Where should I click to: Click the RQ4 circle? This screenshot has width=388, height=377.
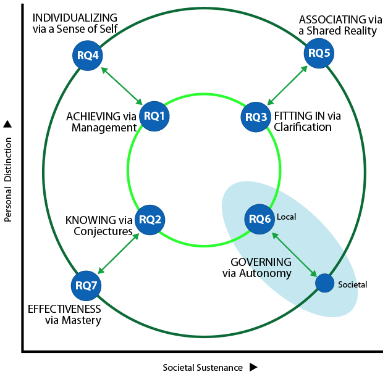pos(87,56)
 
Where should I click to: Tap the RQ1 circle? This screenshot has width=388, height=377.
pos(154,115)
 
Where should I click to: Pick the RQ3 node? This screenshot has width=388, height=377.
pos(256,116)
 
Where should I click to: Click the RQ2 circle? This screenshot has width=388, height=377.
pos(150,219)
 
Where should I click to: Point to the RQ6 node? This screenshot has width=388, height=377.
pos(259,218)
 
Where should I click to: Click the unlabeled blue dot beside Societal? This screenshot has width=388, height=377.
pos(325,283)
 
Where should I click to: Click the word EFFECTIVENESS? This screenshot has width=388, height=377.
pos(65,310)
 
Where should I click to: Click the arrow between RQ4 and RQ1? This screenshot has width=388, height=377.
pos(120,86)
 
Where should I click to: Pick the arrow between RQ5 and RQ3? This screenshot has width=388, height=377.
pos(288,85)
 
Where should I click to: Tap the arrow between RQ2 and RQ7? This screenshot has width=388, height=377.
pos(119,252)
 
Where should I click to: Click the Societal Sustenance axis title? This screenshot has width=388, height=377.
pos(203,367)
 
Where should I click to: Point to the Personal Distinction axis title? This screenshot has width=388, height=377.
pos(9,179)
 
